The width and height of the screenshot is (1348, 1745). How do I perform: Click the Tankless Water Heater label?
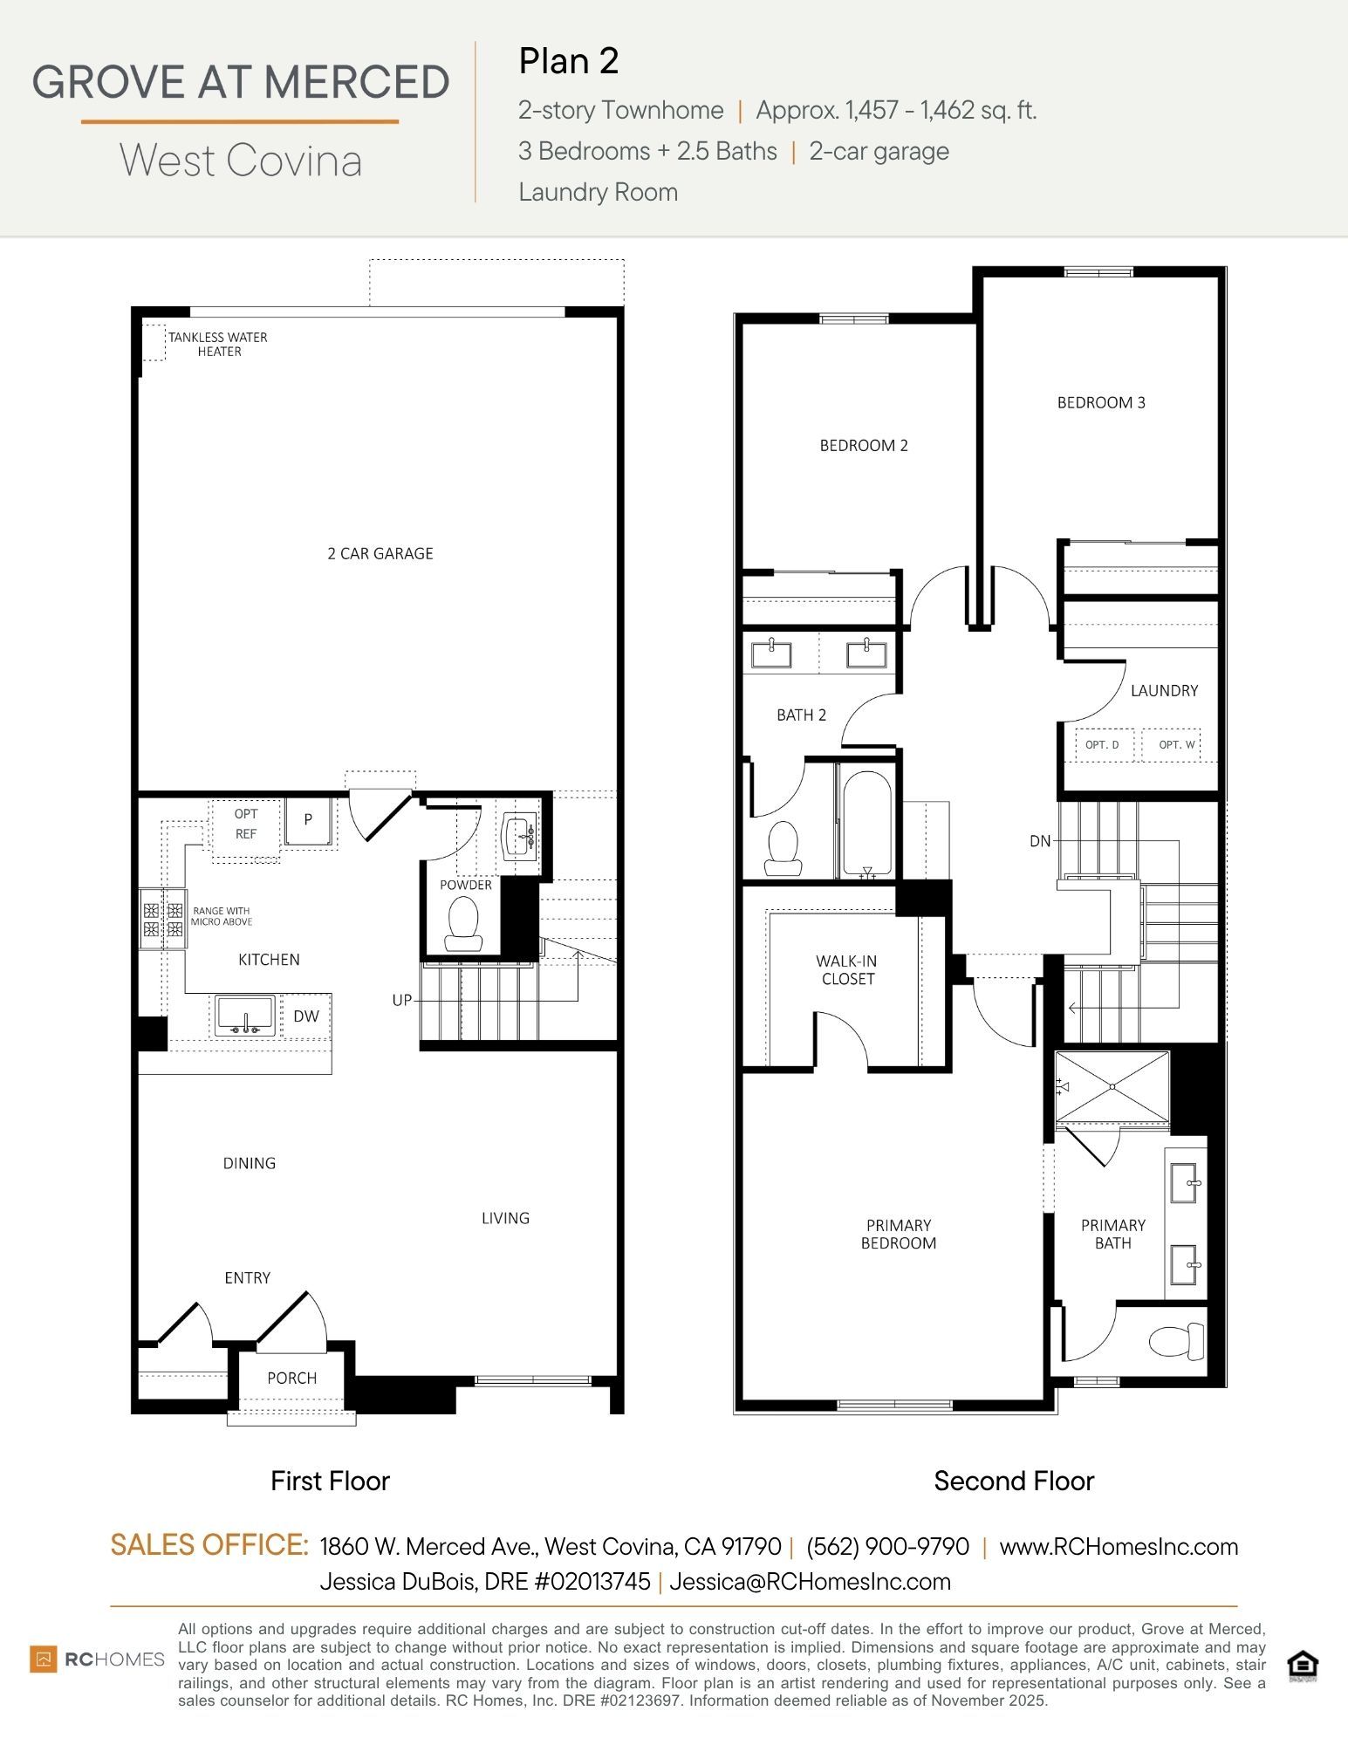218,344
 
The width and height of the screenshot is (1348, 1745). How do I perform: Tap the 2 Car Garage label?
380,553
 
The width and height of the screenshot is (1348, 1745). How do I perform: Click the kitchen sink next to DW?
245,1016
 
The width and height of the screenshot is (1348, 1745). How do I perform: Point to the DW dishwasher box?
306,1016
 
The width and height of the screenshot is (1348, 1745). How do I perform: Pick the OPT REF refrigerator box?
246,825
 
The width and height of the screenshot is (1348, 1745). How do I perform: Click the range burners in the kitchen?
163,918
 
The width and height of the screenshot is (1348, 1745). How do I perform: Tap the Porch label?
291,1378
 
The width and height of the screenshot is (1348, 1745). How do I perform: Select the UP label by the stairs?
401,1000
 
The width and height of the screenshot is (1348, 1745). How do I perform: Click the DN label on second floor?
1040,841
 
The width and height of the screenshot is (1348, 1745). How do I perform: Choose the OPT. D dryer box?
1103,744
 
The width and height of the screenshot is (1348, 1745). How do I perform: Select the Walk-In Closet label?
846,969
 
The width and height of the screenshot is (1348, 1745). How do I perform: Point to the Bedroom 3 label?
1101,402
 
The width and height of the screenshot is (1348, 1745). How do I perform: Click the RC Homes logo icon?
44,1659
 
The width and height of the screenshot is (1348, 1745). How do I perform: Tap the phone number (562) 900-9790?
887,1546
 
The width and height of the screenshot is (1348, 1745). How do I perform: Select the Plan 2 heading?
569,61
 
